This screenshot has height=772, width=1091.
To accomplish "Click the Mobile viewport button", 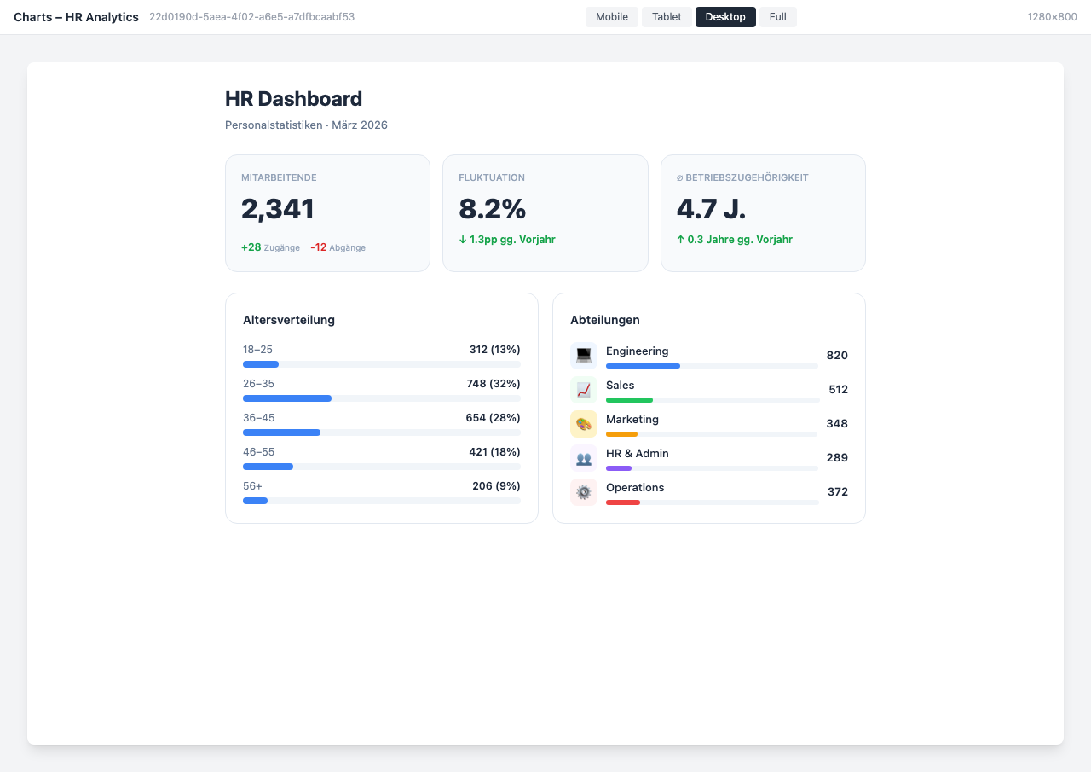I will coord(611,17).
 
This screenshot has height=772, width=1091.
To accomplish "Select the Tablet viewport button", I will coord(667,17).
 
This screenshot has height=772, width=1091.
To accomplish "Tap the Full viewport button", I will coord(777,17).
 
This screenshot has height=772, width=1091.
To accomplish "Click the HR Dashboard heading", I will coord(293,99).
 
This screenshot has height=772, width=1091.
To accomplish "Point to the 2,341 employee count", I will coord(278,209).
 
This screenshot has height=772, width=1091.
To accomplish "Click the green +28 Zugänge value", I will coord(251,247).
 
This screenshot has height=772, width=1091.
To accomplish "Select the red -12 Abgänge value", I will coord(318,247).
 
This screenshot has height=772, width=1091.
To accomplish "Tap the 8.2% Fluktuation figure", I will coord(492,209).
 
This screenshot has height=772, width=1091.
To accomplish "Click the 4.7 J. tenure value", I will coord(711,209).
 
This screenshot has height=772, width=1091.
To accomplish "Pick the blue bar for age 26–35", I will coord(287,398).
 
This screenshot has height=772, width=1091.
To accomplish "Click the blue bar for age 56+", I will coord(255,501).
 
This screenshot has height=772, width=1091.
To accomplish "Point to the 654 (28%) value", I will coord(493,418).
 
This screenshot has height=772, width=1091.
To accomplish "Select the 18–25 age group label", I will coord(257,350).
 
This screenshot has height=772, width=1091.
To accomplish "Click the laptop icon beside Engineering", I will coord(584,355).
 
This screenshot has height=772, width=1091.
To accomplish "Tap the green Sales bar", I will coord(629,400).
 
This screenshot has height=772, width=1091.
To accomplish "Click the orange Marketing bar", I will coord(621,434).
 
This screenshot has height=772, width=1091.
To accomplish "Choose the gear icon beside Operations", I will coord(584,492).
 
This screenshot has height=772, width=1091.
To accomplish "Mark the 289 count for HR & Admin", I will coord(837,458).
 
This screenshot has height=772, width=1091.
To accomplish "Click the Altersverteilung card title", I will coord(289,320).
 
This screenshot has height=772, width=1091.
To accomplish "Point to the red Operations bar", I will coord(623,502).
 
